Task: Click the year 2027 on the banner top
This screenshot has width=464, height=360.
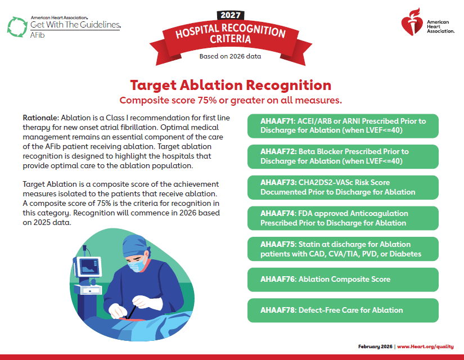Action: [231, 15]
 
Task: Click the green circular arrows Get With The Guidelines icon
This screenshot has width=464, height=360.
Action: [16, 26]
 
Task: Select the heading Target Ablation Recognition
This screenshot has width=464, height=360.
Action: [231, 85]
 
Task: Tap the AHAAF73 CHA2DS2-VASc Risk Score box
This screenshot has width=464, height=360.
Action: [343, 187]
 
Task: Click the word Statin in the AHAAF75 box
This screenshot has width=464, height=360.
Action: [311, 245]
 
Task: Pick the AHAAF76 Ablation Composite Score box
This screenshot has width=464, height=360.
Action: [343, 279]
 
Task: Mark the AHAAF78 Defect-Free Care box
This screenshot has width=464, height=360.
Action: [343, 310]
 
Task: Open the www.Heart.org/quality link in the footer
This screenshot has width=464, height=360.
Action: [426, 346]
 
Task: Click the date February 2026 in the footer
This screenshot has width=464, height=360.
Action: [375, 346]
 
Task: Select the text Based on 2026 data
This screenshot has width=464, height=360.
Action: [230, 56]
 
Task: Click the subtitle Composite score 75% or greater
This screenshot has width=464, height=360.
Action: [231, 100]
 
